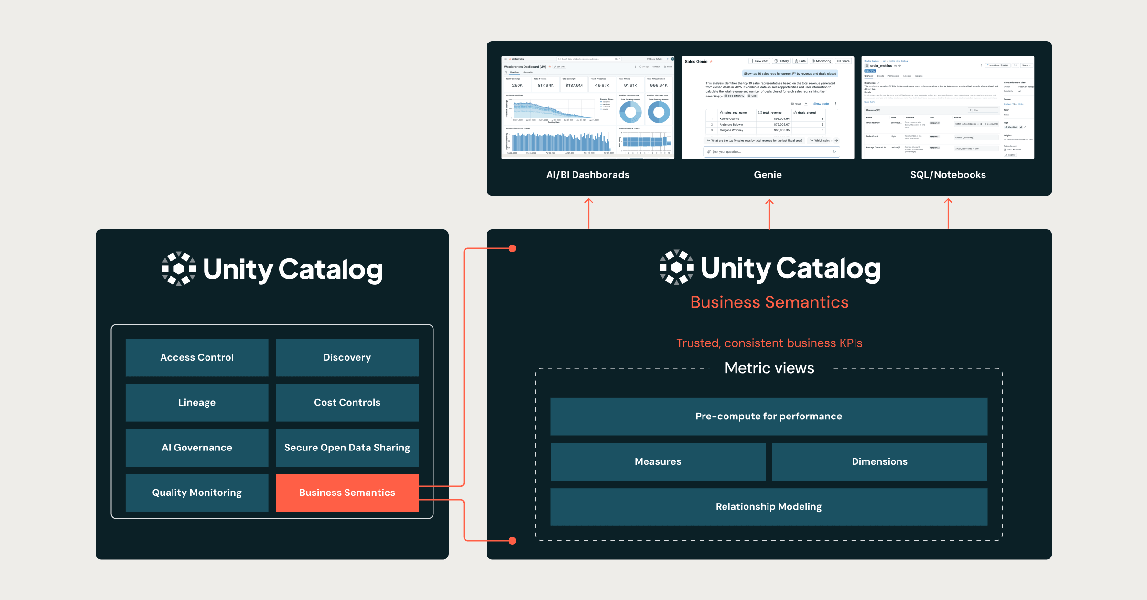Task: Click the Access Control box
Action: [x=197, y=357]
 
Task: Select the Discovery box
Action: [x=347, y=357]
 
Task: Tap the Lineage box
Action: [x=197, y=402]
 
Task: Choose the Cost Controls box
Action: [x=347, y=402]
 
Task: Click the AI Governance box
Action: [x=197, y=448]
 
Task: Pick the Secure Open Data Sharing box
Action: [x=347, y=448]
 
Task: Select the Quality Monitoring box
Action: [x=197, y=493]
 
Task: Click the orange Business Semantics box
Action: [x=347, y=493]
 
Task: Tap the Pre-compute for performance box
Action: [x=768, y=416]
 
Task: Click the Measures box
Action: [x=658, y=461]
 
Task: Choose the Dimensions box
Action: [x=879, y=461]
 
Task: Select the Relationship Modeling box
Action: [x=768, y=506]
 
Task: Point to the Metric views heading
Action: [x=769, y=368]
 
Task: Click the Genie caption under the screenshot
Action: [x=768, y=175]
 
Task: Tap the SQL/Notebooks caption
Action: [x=948, y=175]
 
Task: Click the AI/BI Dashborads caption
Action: [x=588, y=175]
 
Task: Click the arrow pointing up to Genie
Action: [x=769, y=213]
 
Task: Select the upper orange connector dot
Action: [x=512, y=248]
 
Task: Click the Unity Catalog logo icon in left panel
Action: [x=178, y=268]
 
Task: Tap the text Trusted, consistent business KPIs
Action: [x=769, y=343]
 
